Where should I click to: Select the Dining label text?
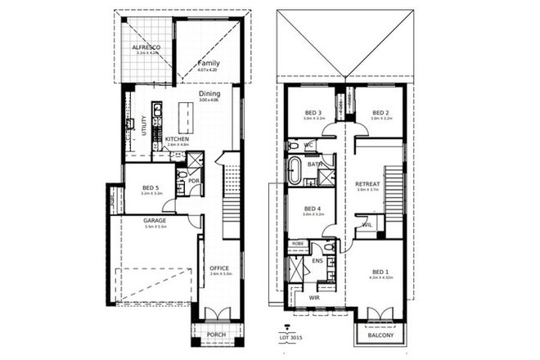210,94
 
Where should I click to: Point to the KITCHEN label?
178,139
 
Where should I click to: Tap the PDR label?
194,181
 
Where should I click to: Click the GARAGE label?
155,220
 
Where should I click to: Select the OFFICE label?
220,268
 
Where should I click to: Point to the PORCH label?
216,334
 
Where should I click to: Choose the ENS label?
319,262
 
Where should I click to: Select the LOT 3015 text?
291,337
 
